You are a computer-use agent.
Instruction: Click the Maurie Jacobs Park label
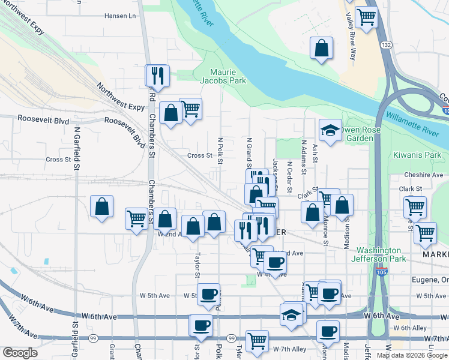click(223, 76)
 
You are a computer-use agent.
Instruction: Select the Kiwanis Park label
click(417, 155)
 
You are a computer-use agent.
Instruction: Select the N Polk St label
click(220, 150)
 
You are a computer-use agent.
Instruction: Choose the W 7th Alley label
click(289, 349)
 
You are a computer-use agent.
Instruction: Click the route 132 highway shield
click(386, 45)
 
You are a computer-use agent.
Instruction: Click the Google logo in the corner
click(20, 353)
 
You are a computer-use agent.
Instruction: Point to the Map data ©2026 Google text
click(411, 355)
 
